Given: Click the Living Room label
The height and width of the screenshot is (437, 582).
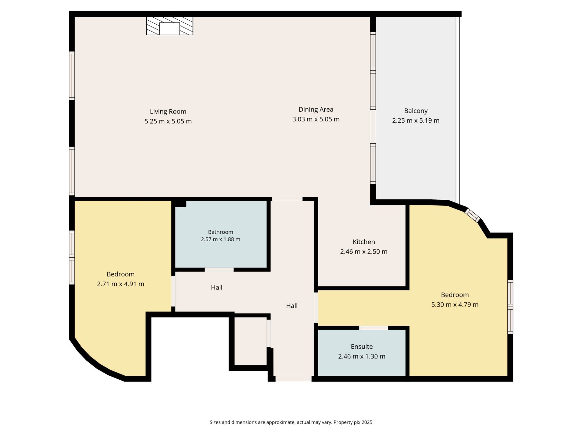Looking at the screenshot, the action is [x=168, y=112].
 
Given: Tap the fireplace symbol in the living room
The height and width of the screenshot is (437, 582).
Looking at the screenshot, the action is [x=170, y=26].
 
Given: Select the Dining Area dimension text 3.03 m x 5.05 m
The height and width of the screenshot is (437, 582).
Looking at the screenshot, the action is [x=316, y=119].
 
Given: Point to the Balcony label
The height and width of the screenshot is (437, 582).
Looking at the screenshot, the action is [x=416, y=111].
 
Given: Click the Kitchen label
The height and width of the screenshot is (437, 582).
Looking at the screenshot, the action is [x=364, y=242].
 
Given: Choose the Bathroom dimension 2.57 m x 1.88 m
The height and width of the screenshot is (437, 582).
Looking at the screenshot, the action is [x=220, y=239].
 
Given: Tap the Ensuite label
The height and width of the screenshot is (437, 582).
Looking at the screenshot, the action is [x=362, y=347].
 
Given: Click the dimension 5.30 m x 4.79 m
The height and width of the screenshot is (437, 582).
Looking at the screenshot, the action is [x=455, y=305].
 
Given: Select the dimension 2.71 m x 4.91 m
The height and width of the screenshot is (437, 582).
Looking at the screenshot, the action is [x=120, y=284].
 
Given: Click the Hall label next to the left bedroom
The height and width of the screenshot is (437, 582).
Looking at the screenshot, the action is [x=216, y=287].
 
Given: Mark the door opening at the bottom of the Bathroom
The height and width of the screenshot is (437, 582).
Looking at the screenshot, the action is [x=219, y=269].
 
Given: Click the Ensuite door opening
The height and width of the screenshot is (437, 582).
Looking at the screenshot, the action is [x=373, y=328].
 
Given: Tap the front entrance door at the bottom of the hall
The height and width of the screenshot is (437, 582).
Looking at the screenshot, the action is [x=293, y=379].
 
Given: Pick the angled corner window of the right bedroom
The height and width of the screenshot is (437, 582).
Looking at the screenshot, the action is [x=473, y=215].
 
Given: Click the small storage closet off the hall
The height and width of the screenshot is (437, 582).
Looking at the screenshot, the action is [x=251, y=341].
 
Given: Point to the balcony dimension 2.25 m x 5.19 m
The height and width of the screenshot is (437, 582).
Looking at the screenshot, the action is [x=416, y=120].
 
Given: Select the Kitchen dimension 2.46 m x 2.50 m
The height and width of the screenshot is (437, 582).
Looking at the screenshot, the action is [x=364, y=252].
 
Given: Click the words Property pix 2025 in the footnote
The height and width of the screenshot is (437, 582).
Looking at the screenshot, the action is [x=353, y=422].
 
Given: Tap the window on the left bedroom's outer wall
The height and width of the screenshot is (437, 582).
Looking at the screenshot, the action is [x=72, y=258].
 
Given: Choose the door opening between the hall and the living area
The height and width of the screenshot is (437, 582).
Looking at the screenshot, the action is [x=287, y=199].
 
